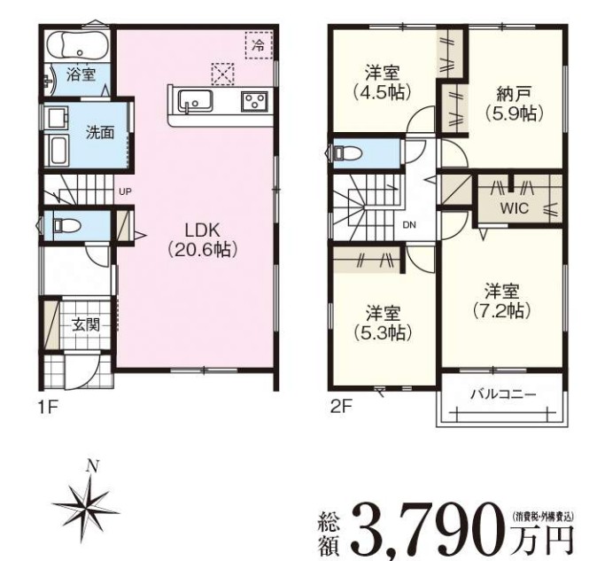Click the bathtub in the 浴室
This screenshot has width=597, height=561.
pyautogui.click(x=77, y=45)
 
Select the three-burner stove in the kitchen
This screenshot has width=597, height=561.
pyautogui.click(x=255, y=102)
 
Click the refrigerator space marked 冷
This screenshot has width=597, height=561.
pyautogui.click(x=259, y=45)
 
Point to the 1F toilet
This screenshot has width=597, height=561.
pyautogui.click(x=66, y=225)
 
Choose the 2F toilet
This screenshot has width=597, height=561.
pyautogui.click(x=347, y=152)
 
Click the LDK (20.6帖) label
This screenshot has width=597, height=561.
pyautogui.click(x=202, y=240)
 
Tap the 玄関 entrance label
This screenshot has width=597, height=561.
pyautogui.click(x=86, y=325)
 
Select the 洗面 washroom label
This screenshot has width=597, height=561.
pyautogui.click(x=100, y=132)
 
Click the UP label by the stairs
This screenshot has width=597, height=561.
pyautogui.click(x=125, y=192)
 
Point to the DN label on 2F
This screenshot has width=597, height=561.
pyautogui.click(x=409, y=225)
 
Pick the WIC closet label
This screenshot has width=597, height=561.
pyautogui.click(x=515, y=208)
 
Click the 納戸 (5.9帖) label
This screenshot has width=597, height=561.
pyautogui.click(x=514, y=104)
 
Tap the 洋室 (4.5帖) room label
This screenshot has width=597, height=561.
pyautogui.click(x=383, y=82)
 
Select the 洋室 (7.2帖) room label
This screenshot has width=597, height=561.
pyautogui.click(x=501, y=301)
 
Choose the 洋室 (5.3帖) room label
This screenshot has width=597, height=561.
pyautogui.click(x=383, y=323)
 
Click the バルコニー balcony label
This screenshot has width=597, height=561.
pyautogui.click(x=503, y=394)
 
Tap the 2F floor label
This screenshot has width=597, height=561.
pyautogui.click(x=341, y=408)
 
